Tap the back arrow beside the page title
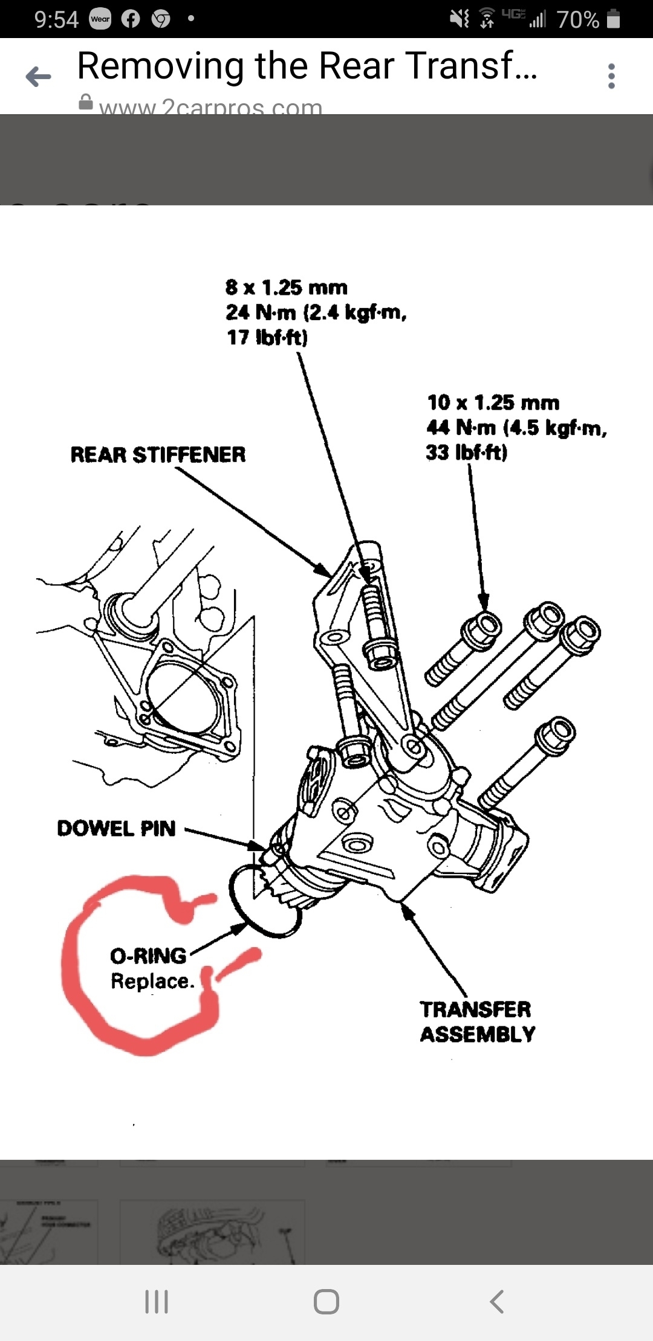38,77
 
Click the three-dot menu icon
611,76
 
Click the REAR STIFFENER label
158,455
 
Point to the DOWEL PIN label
116,828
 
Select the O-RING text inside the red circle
148,956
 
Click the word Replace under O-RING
152,981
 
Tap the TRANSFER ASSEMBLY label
477,1021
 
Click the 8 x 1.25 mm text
286,288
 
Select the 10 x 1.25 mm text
493,403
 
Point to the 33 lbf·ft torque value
466,452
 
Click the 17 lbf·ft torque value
267,337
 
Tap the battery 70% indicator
588,19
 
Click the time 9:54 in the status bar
56,19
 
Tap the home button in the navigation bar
326,1302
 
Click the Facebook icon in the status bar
131,19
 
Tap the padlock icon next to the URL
86,103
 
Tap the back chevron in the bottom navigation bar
496,1302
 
